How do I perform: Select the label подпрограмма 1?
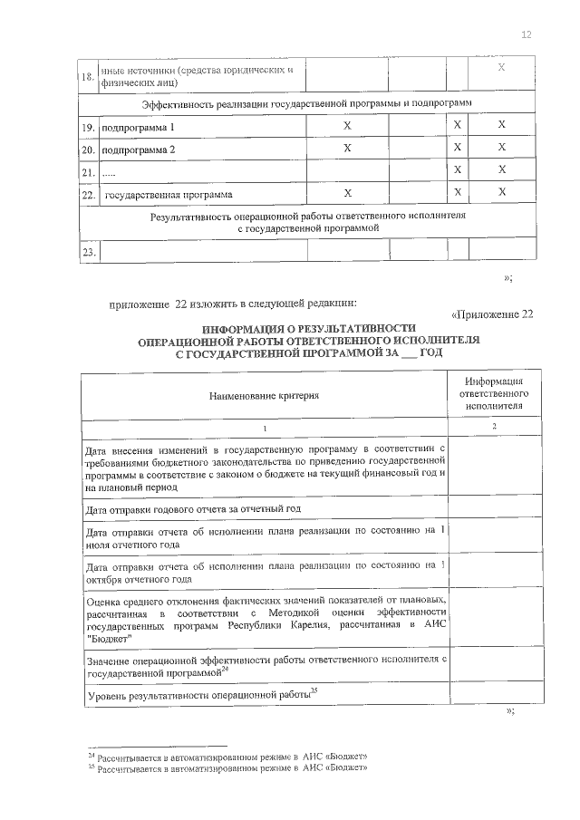[x=139, y=128]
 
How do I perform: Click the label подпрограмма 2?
[x=139, y=149]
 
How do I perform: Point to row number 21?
[x=88, y=171]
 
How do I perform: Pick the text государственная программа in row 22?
[x=169, y=194]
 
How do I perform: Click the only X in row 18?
[x=502, y=69]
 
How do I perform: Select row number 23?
[x=88, y=253]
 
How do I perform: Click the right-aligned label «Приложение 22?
[x=492, y=314]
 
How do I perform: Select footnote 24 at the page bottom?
[x=227, y=755]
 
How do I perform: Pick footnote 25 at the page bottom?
[x=227, y=767]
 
